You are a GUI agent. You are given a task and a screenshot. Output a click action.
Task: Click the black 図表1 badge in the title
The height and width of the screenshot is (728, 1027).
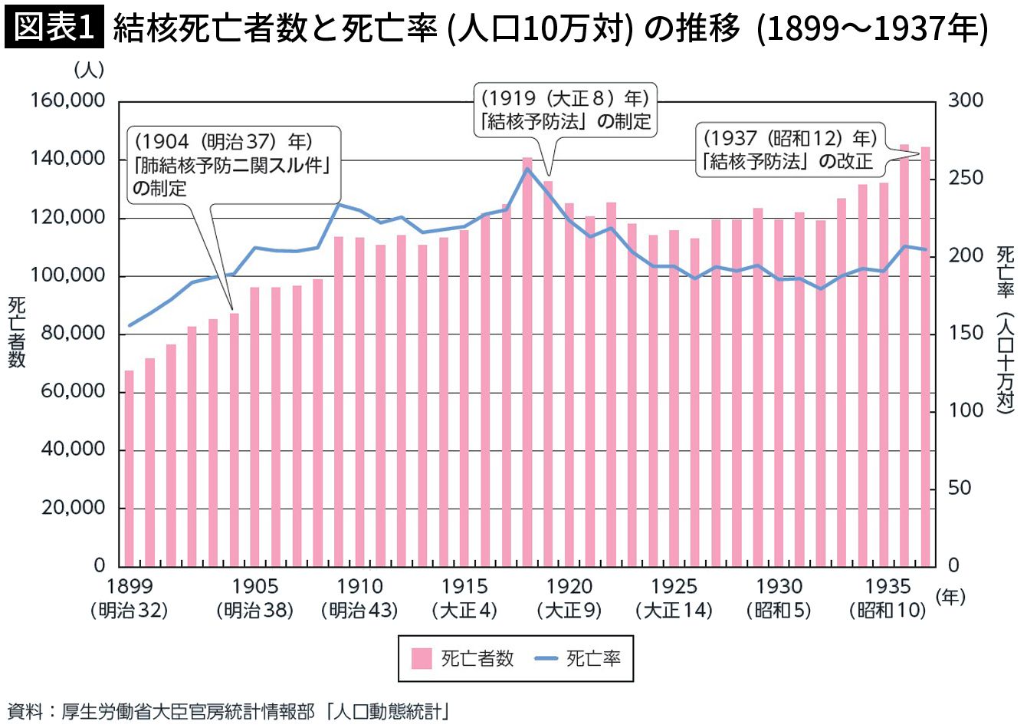54,28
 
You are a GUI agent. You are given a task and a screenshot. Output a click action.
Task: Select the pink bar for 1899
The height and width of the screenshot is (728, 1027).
130,468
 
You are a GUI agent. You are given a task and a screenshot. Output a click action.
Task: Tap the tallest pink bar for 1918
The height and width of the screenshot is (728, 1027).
527,362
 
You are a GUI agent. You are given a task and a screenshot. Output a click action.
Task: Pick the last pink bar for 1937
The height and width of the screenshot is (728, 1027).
925,357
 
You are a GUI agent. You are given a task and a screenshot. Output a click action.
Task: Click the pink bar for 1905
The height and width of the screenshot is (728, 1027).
255,427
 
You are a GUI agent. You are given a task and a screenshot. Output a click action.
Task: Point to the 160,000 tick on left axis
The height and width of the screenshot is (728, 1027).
67,100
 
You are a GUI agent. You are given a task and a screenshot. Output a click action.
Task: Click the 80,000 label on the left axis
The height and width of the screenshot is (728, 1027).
73,333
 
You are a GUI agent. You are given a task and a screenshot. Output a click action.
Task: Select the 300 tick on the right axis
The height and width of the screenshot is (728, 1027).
966,100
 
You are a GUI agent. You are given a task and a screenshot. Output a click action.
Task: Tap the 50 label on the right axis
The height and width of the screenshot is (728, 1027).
959,488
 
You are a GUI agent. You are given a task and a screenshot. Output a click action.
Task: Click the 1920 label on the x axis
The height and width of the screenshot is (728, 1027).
569,587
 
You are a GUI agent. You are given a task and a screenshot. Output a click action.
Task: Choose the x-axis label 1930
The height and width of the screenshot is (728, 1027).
779,587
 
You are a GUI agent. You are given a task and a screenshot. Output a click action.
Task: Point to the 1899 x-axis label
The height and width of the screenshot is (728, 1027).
130,587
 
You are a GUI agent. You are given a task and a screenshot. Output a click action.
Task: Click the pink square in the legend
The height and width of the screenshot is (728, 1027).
422,659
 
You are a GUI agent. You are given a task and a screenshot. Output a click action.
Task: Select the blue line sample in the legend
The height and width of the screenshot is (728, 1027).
546,659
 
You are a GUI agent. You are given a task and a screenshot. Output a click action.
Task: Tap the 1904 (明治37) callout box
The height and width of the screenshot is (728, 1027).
235,165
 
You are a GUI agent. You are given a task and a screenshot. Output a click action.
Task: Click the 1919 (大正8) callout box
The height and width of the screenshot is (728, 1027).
565,110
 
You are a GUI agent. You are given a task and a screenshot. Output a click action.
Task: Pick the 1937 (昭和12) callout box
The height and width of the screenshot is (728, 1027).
790,150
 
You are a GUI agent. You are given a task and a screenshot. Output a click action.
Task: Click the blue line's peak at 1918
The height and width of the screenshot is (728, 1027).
528,169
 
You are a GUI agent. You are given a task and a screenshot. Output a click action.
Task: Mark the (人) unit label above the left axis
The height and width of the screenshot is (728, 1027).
89,70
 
